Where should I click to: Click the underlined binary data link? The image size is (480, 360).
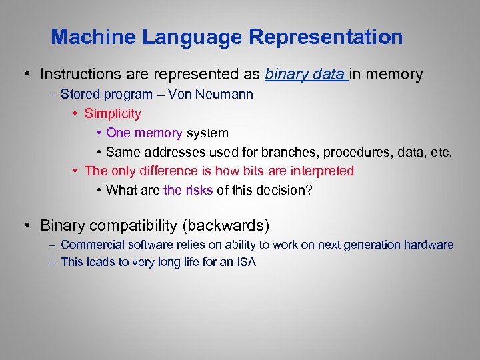[x=305, y=74]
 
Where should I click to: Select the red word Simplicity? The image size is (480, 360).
[x=113, y=113]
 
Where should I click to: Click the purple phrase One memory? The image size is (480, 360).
[x=144, y=133]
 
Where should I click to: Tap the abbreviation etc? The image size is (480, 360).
[x=441, y=152]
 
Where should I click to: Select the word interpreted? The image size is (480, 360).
[x=320, y=171]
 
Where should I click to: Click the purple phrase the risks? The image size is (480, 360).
[x=188, y=190]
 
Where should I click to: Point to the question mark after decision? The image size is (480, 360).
[x=308, y=190]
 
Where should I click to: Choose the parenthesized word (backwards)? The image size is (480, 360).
[x=226, y=225]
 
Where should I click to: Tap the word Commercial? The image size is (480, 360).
[x=88, y=245]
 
